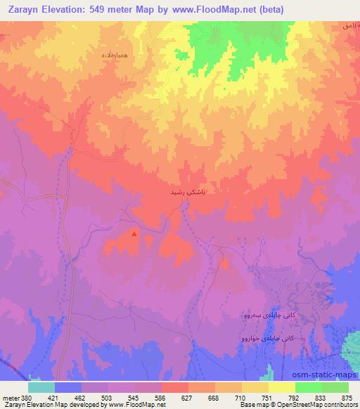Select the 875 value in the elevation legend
pyautogui.click(x=347, y=396)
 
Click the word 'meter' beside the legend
pyautogui.click(x=11, y=396)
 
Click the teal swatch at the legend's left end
pyautogui.click(x=41, y=387)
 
